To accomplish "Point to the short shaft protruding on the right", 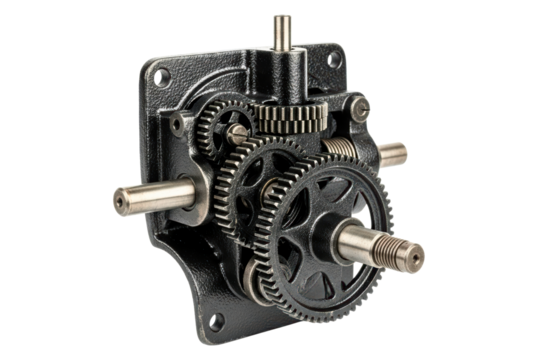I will [x=392, y=153].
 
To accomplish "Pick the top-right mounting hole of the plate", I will [x=330, y=62].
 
